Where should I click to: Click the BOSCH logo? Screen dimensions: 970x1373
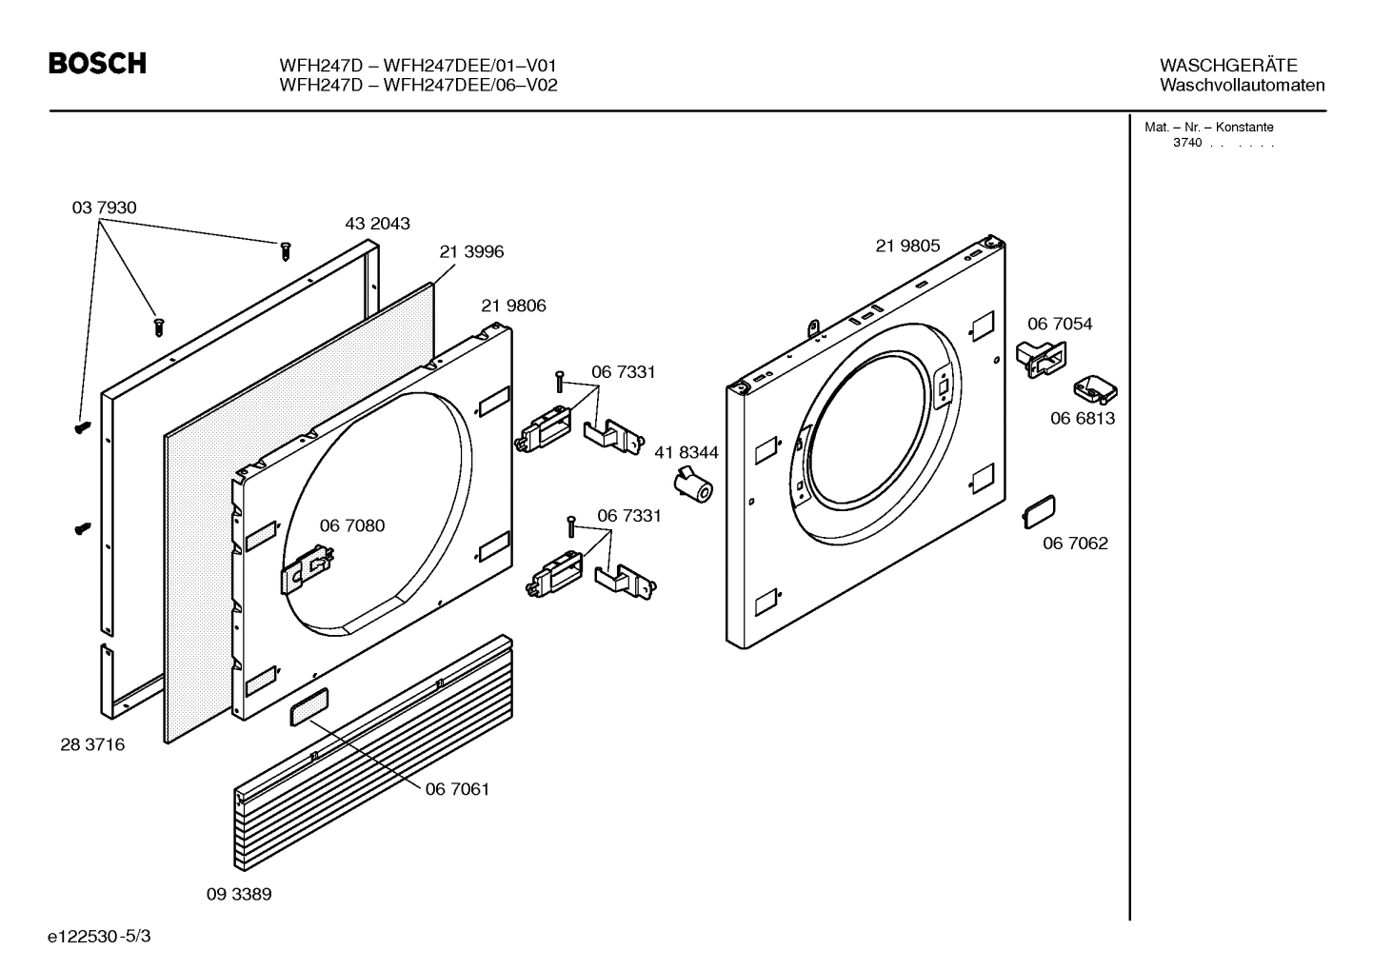click(97, 64)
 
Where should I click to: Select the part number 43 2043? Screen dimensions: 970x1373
click(377, 224)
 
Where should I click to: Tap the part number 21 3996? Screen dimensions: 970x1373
click(471, 252)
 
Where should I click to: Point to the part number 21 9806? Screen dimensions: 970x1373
click(513, 306)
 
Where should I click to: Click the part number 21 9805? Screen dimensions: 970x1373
click(907, 246)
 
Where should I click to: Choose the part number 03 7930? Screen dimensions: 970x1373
click(104, 208)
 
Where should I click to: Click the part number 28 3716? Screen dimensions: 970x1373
click(92, 744)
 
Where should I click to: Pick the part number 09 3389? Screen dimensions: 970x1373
click(239, 894)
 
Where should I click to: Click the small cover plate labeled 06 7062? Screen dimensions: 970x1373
click(1039, 512)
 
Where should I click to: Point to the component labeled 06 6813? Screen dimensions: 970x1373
click(1095, 389)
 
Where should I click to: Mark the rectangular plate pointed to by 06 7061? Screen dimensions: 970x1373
click(309, 707)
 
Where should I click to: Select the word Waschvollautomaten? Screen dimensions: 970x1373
click(1242, 85)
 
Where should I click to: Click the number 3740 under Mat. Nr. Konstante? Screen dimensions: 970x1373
click(1186, 143)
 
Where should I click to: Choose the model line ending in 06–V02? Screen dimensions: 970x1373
click(418, 85)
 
